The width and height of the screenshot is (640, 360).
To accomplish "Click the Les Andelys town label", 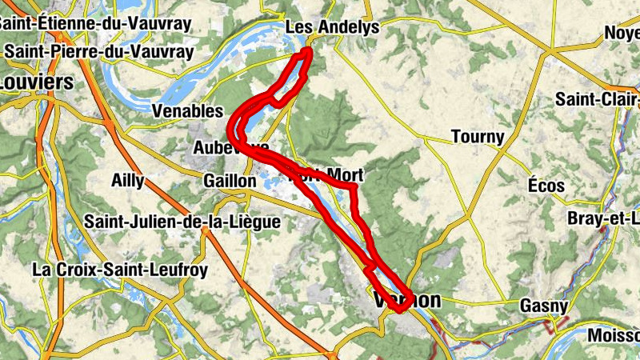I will pos(331,28).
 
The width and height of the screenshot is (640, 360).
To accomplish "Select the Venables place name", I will pos(187,110).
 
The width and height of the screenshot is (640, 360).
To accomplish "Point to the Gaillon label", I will pos(230,182).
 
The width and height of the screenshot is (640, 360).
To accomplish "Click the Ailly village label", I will pos(128,181).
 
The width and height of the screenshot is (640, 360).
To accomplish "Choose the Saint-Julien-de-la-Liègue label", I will pos(182,221).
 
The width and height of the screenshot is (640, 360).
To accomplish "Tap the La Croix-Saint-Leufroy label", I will pos(120,270).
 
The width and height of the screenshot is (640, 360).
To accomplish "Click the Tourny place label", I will pos(478,137).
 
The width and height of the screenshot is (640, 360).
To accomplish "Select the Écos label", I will pos(546,186).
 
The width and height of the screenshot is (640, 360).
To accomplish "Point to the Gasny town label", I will pos(544,306).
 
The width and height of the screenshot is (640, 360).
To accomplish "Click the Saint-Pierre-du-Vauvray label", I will pos(99,51).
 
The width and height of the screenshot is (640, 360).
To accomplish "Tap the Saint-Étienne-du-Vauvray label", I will pos(96,22).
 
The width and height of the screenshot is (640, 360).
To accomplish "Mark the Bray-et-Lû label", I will pos(603,218).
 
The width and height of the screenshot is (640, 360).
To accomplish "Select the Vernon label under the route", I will pos(407,300).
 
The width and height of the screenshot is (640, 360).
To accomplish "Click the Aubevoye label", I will pos(231,148).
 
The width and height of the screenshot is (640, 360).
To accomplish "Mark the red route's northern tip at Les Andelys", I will pos(307,53).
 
